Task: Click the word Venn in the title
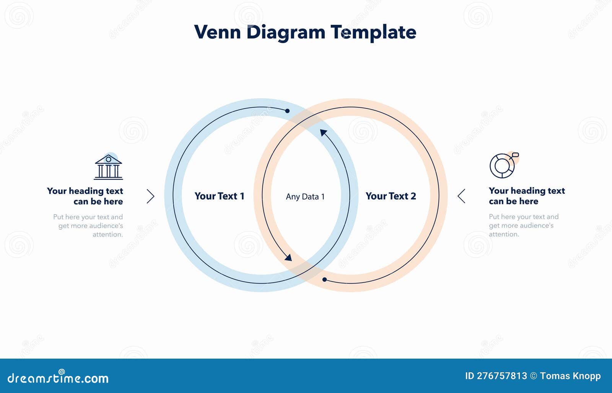pos(217,32)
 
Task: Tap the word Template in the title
pos(373,32)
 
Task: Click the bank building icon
pos(108,167)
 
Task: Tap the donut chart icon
pos(502,166)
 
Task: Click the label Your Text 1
pos(219,196)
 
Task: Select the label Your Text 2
pos(391,196)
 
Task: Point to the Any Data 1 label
pos(305,197)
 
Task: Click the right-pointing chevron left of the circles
pos(151,196)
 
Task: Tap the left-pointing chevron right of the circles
pos(462,196)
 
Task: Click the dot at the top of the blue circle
pos(287,111)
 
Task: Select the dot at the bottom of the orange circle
pos(324,280)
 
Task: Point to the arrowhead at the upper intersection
pos(323,133)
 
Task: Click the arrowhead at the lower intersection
pos(288,258)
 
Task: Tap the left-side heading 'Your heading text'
pos(85,191)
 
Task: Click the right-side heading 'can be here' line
pos(513,201)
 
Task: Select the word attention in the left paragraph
pos(107,235)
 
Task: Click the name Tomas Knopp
pos(570,376)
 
